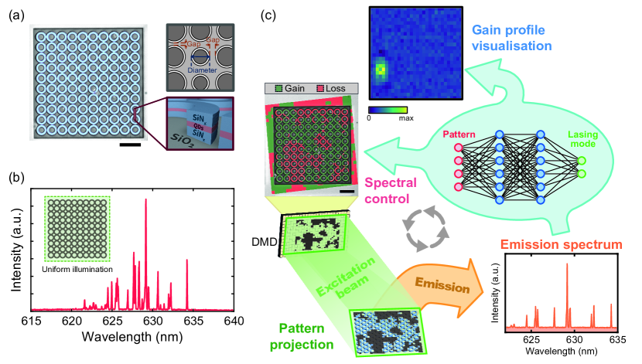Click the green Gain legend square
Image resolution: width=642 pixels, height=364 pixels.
[x=270, y=88]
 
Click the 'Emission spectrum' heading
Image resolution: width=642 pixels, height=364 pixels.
[x=563, y=247]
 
